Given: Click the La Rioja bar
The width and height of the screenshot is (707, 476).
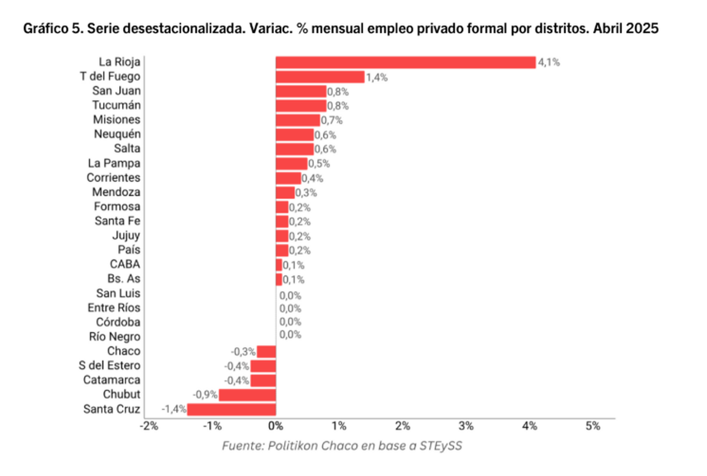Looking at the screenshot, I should (x=405, y=62).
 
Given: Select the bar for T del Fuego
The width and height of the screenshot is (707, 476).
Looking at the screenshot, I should (x=320, y=76).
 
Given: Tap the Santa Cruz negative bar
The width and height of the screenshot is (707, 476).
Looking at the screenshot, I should (x=232, y=409).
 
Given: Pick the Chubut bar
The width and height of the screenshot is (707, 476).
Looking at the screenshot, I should (x=247, y=394).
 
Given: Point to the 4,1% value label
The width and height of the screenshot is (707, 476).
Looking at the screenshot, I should (x=549, y=62).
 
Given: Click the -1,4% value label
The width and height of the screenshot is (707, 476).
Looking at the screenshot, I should (x=174, y=409).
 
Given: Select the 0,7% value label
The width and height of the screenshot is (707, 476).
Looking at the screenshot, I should (x=332, y=120).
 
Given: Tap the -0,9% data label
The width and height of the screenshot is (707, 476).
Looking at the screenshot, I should (x=206, y=394).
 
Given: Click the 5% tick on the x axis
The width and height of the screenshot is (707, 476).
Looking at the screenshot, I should (x=593, y=426).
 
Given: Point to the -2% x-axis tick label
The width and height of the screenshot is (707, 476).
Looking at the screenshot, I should (x=148, y=426).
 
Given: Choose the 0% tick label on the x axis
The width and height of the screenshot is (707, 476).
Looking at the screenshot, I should (x=275, y=426).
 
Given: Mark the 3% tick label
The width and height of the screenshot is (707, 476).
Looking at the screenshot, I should (x=466, y=426).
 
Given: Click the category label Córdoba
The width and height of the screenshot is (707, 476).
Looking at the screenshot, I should (x=118, y=322).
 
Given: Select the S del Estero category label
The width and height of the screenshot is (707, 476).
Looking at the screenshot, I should (x=112, y=365).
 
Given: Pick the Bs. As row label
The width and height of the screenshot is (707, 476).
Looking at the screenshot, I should (x=124, y=278).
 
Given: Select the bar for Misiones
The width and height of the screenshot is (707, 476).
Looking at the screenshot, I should (x=298, y=120).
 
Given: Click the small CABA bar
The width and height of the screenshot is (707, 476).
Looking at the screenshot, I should (x=279, y=265).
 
